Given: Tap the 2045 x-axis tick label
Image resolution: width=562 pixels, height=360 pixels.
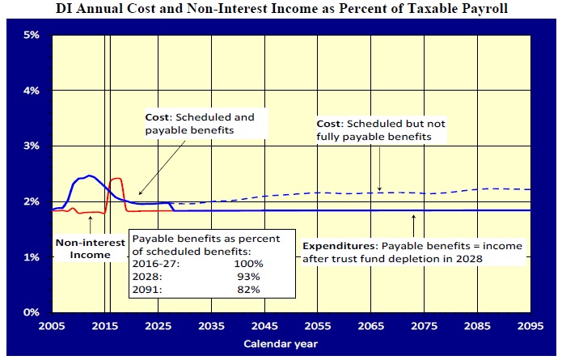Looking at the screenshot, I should [264, 327].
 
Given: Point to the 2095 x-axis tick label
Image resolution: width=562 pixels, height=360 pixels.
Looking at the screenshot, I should [530, 327].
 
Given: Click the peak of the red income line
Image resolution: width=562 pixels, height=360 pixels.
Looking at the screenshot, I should [116, 178].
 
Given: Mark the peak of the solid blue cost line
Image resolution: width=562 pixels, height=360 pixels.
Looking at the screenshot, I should [90, 175].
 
